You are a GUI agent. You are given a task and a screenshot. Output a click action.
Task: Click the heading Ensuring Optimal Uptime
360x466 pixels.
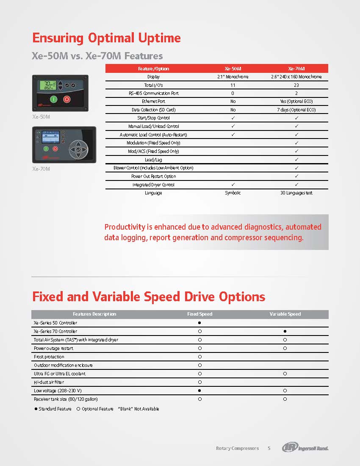click(106, 38)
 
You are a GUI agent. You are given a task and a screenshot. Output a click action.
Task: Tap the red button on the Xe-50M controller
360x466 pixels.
click(66, 100)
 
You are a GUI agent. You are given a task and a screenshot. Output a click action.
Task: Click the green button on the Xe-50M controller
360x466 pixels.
click(53, 100)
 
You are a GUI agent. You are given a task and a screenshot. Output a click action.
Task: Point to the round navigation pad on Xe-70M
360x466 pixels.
click(78, 149)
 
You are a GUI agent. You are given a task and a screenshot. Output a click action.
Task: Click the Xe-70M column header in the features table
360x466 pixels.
click(296, 69)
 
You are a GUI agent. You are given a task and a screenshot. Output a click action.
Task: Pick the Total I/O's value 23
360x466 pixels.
click(296, 85)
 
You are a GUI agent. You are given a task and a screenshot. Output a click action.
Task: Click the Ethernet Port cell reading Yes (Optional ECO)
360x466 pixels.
click(296, 102)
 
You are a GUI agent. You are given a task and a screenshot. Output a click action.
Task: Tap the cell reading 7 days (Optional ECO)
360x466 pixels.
click(296, 110)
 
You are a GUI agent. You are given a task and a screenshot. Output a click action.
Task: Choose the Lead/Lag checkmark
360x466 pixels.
click(296, 160)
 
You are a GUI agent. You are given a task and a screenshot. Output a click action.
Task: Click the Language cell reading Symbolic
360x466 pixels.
click(233, 193)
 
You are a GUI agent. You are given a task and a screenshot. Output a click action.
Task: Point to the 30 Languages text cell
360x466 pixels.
click(296, 193)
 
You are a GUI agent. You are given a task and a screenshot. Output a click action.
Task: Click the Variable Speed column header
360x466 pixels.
click(285, 314)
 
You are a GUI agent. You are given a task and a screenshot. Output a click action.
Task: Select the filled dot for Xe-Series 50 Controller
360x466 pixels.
click(199, 323)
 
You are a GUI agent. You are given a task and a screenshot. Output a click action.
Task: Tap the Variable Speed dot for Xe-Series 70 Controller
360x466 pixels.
click(285, 331)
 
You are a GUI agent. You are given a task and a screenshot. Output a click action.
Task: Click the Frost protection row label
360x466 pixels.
click(49, 357)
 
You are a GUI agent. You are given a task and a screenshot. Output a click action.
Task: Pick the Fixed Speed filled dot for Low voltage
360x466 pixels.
click(199, 391)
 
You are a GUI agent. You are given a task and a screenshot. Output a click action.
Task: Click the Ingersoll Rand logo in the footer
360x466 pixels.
click(305, 448)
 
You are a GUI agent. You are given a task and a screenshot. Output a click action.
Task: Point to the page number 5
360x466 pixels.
click(269, 448)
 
